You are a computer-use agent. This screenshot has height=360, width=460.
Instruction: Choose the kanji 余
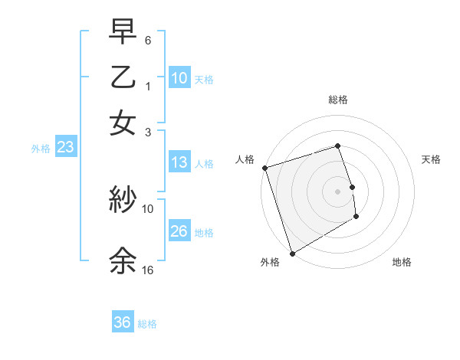tap(123, 260)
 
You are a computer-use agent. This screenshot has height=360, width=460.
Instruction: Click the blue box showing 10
tap(179, 77)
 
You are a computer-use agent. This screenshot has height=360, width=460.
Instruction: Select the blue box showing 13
tap(179, 162)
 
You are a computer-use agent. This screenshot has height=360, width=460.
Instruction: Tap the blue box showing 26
tap(179, 231)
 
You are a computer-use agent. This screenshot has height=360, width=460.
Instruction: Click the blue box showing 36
tap(123, 322)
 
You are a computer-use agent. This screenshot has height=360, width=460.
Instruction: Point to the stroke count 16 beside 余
tap(148, 270)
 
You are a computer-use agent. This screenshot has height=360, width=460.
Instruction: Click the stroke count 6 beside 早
tap(148, 39)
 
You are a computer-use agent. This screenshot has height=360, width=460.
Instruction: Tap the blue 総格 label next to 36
tap(147, 324)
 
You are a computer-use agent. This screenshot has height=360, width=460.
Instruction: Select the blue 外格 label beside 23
tap(41, 149)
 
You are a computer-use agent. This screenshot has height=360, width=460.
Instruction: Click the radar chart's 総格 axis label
tap(338, 100)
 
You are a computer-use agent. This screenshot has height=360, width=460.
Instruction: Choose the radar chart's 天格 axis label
tap(431, 159)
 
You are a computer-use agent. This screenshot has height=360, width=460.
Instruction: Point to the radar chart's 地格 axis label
tap(402, 262)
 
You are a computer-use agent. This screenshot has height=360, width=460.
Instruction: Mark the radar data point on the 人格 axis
tap(264, 168)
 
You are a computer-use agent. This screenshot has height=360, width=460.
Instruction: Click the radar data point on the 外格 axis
tap(292, 254)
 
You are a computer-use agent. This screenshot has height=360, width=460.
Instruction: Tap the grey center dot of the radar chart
tap(338, 191)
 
